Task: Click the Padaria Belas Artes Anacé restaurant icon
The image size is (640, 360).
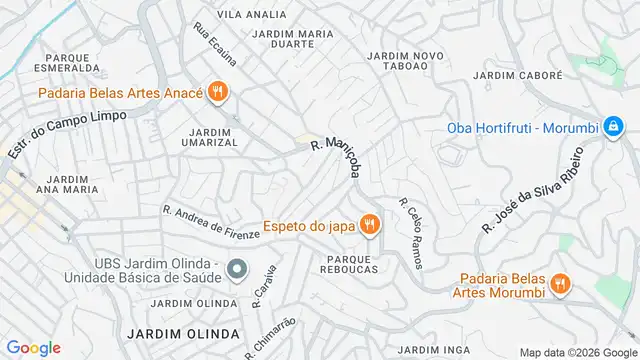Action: (219, 95)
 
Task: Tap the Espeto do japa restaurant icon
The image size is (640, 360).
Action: (369, 225)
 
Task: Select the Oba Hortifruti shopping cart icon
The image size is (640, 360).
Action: (610, 128)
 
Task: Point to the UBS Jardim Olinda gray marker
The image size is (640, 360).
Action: (236, 268)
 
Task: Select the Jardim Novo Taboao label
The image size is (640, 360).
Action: (406, 62)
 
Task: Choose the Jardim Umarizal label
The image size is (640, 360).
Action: (209, 136)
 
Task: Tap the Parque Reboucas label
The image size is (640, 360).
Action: (348, 264)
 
